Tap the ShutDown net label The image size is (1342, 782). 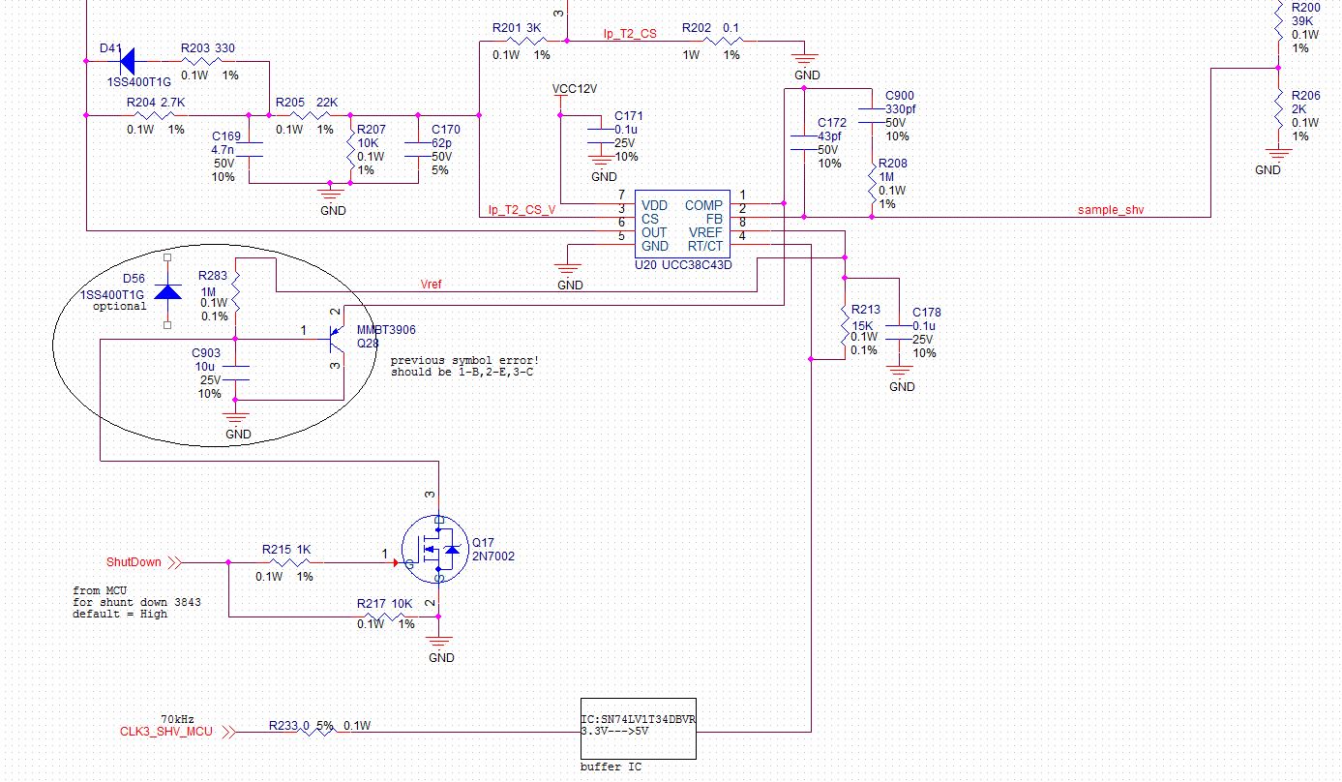pyautogui.click(x=134, y=561)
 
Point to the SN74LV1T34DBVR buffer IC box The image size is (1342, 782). pyautogui.click(x=638, y=729)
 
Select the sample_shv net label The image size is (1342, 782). pyautogui.click(x=1110, y=209)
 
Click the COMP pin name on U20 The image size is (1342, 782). pyautogui.click(x=703, y=205)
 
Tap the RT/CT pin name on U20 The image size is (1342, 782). pyautogui.click(x=704, y=246)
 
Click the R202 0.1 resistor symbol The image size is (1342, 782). pyautogui.click(x=724, y=42)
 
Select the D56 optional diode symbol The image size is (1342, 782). pyautogui.click(x=168, y=292)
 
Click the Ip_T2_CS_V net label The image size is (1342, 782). pyautogui.click(x=521, y=209)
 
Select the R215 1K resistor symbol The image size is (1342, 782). pyautogui.click(x=281, y=562)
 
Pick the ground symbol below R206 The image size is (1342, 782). pyautogui.click(x=1278, y=153)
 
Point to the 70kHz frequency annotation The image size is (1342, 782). pyautogui.click(x=177, y=719)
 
